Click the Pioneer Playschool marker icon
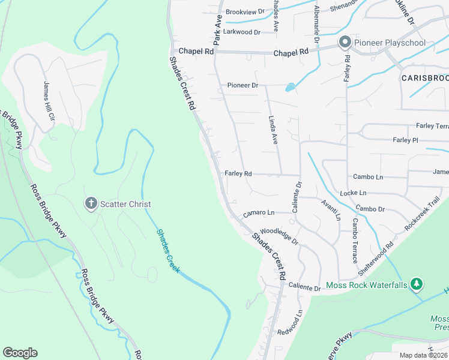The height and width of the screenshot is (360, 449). (x=345, y=43)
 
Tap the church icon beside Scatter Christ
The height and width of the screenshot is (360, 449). (x=91, y=204)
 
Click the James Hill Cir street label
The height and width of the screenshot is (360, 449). (x=48, y=100)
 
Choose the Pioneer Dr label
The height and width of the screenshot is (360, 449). (x=243, y=85)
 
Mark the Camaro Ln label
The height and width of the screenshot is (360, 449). (x=259, y=213)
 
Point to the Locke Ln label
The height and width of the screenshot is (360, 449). (x=353, y=193)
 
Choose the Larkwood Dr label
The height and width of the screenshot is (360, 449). (x=242, y=32)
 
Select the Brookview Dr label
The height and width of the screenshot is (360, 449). (x=245, y=12)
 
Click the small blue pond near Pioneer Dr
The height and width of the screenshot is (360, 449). (x=291, y=88)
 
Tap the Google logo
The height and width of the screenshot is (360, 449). (x=20, y=353)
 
